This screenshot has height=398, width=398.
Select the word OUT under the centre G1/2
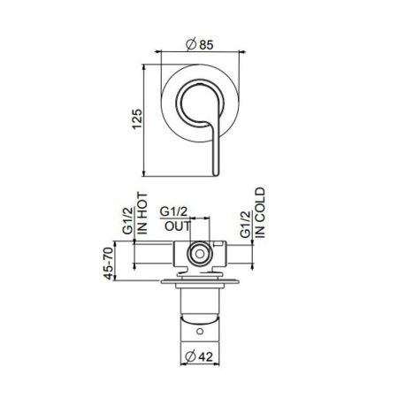click(x=175, y=227)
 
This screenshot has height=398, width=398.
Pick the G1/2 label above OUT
click(x=175, y=213)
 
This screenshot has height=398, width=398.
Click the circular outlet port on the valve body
click(x=201, y=256)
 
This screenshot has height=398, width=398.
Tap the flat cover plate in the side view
click(x=200, y=283)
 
